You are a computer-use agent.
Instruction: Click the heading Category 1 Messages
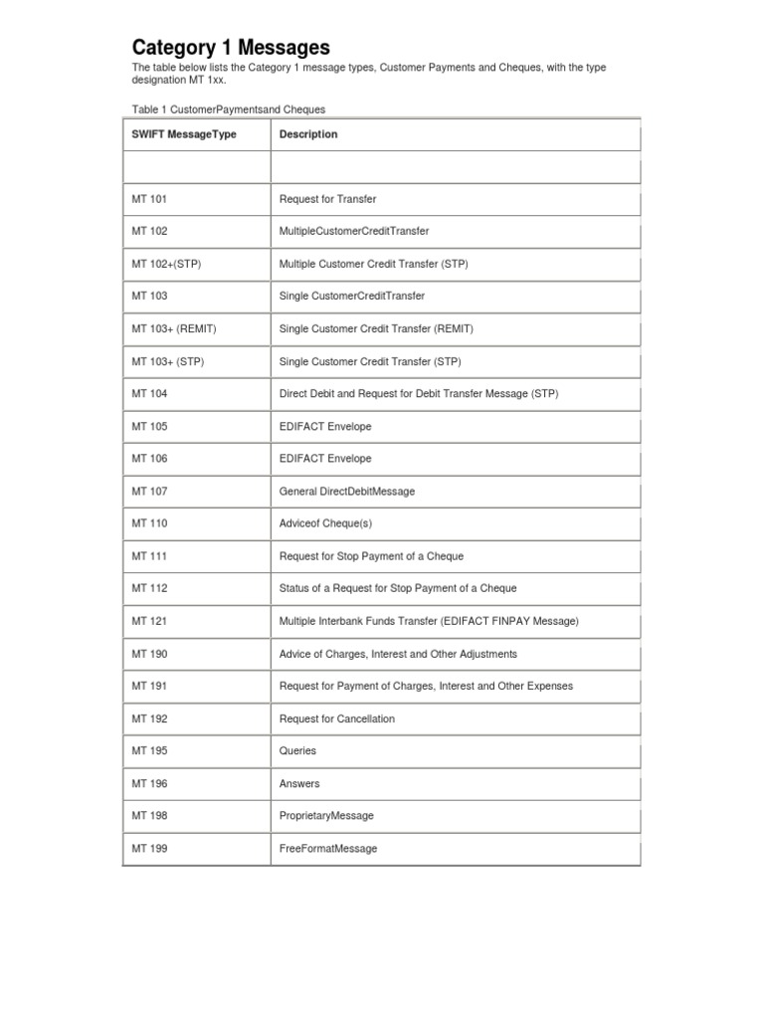click(231, 48)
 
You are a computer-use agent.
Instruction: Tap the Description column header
click(308, 134)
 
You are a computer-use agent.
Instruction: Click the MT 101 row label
click(150, 199)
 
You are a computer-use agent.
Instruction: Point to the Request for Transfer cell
click(328, 199)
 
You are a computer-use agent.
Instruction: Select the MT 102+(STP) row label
click(166, 264)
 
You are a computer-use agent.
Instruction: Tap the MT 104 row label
click(150, 394)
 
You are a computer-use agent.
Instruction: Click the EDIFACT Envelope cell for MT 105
click(325, 426)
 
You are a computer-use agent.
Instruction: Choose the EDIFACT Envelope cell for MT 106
click(325, 459)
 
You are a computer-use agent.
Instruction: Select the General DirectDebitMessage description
click(347, 492)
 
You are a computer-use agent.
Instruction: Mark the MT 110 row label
click(150, 523)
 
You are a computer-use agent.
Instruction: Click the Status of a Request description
click(398, 588)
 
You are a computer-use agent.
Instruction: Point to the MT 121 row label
click(150, 621)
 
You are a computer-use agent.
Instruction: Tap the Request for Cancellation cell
click(337, 718)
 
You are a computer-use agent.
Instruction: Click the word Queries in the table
click(298, 751)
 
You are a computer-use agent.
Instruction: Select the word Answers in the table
click(299, 784)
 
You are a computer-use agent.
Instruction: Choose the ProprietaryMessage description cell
click(326, 816)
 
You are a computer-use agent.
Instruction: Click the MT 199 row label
click(150, 849)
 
